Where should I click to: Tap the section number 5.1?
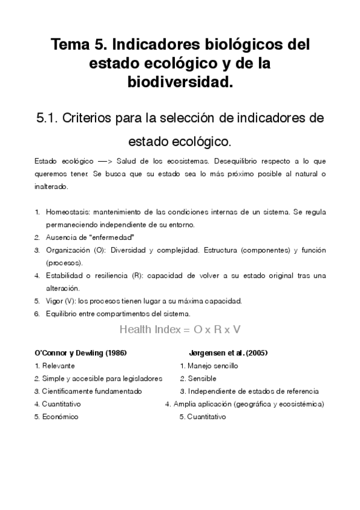[x=49, y=118]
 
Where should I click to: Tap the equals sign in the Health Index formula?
[x=187, y=330]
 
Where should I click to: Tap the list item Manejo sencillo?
[x=213, y=366]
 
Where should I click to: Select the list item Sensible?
[x=203, y=378]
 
